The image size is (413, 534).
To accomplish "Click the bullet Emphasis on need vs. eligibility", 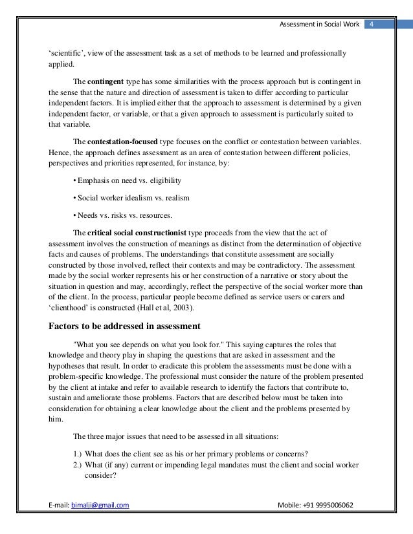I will (128, 180).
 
